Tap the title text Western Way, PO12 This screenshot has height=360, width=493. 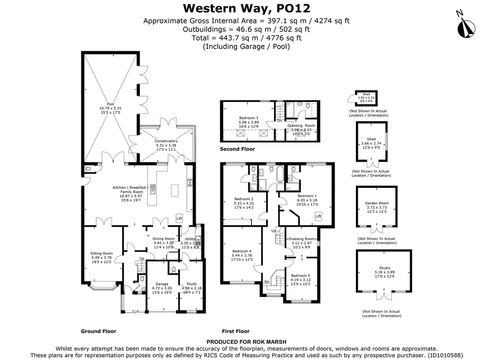point(246,8)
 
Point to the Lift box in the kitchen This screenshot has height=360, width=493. point(179,217)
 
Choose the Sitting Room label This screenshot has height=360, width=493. point(102,253)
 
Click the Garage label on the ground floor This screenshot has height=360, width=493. point(162,284)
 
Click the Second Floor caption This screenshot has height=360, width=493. point(238,149)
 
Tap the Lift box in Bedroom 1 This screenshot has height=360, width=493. point(318,216)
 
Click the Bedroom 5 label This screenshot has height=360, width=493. point(300,276)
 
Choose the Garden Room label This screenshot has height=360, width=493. point(377,203)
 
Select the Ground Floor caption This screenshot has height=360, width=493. point(99,331)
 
